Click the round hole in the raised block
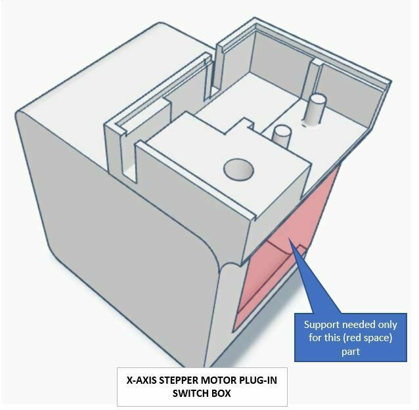238,169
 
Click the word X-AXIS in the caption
142,380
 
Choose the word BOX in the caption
221,394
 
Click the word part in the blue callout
351,352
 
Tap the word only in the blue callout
387,325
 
